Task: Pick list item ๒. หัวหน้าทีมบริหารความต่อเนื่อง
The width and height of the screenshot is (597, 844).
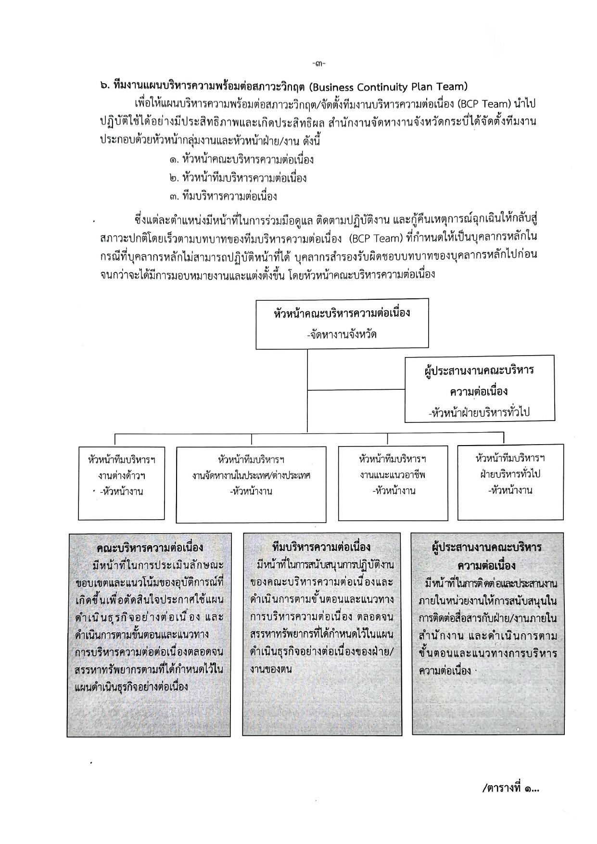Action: pyautogui.click(x=238, y=178)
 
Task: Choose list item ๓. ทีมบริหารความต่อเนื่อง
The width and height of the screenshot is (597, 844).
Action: pyautogui.click(x=223, y=196)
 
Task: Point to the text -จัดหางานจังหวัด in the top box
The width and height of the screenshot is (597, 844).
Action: pyautogui.click(x=342, y=333)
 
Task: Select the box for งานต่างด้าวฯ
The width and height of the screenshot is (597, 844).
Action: pyautogui.click(x=122, y=483)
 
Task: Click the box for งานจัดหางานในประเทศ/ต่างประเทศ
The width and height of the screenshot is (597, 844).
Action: pyautogui.click(x=251, y=484)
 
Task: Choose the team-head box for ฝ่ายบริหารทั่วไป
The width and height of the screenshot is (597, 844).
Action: pyautogui.click(x=510, y=483)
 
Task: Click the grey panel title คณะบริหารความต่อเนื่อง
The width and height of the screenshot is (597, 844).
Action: pyautogui.click(x=150, y=548)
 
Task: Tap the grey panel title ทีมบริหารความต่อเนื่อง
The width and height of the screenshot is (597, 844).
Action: pyautogui.click(x=321, y=548)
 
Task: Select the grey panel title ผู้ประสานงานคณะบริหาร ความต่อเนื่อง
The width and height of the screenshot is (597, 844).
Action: pyautogui.click(x=487, y=556)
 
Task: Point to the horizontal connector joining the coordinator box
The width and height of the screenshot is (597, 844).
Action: pyautogui.click(x=356, y=389)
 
